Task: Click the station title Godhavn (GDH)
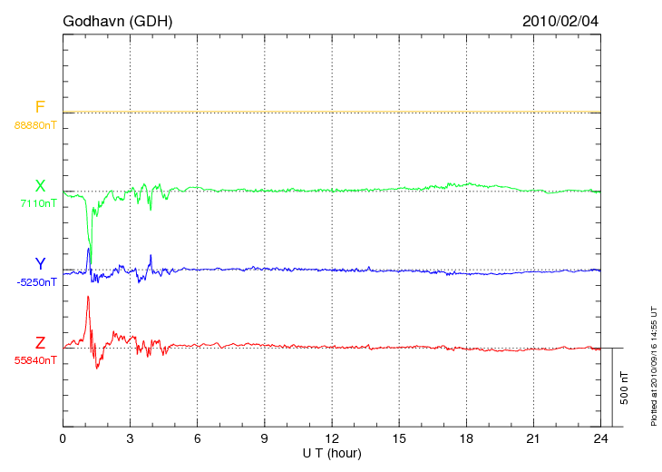coord(118,21)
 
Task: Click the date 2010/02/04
coord(560,21)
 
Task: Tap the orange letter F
coord(40,107)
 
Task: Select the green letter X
coord(40,186)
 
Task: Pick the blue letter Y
coord(40,264)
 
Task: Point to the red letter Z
coord(40,343)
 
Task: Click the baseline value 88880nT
coord(34,125)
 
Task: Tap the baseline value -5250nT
coord(36,282)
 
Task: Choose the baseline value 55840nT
coord(34,360)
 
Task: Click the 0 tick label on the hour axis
coord(63,439)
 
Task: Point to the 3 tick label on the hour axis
coord(130,439)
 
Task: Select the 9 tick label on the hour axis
coord(265,439)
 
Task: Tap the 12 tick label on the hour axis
coord(332,439)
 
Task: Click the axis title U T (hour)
coord(332,453)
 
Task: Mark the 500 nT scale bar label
coord(625,388)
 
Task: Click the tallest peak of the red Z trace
coord(88,297)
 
